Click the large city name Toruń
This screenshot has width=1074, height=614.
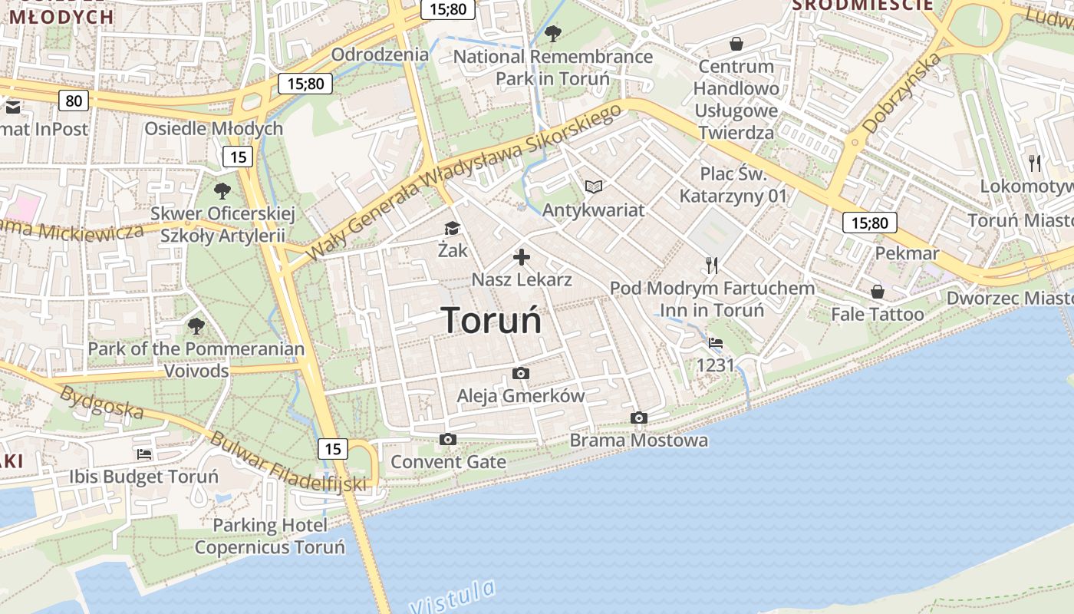[492, 319]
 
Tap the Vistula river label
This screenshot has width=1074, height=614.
[453, 596]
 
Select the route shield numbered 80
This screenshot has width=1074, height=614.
[74, 101]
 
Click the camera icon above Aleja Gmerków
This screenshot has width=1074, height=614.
[521, 374]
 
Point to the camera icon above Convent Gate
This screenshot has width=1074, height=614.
[448, 440]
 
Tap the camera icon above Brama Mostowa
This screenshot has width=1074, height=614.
[638, 418]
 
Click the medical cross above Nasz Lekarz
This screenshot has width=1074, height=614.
[522, 257]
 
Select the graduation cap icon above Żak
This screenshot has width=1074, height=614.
[452, 229]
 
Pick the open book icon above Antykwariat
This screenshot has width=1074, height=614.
[594, 187]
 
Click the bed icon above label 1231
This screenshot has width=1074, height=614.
[716, 343]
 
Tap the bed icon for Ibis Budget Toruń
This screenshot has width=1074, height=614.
[144, 454]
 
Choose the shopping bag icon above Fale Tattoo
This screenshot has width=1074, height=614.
[878, 292]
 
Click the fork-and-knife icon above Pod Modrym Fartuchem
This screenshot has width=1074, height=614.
[712, 266]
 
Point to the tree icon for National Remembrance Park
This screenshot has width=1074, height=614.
[552, 34]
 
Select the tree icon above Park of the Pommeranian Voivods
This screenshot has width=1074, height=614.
[196, 326]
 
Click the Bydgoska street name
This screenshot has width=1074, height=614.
[101, 402]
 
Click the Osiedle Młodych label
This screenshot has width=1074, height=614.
[214, 128]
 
